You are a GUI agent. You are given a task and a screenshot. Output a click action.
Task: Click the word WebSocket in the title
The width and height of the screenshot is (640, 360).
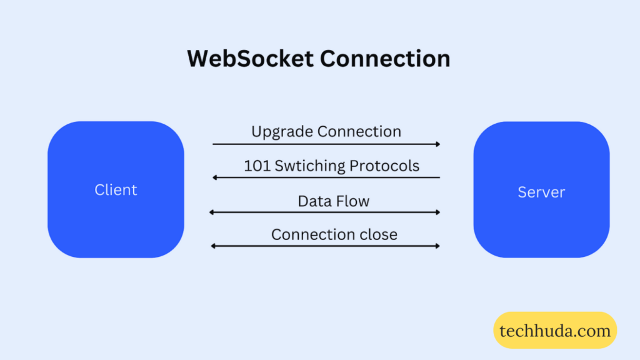[250, 58]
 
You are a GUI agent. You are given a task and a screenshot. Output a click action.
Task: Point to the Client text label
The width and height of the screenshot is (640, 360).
[116, 189]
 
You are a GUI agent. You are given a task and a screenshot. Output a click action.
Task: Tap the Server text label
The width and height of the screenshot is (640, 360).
[541, 192]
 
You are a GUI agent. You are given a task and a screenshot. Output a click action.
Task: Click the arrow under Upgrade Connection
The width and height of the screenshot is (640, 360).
[326, 144]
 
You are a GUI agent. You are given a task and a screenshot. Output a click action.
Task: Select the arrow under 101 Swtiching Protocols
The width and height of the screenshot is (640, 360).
[326, 177]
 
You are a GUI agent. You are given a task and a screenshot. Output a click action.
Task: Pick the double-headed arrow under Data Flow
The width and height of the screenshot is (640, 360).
[325, 212]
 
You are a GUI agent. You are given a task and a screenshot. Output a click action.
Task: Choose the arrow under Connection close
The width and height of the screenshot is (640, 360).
[325, 246]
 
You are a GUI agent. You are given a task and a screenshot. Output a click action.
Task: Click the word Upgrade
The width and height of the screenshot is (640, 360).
[282, 132]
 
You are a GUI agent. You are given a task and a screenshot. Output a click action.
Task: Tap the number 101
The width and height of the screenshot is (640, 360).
[257, 166]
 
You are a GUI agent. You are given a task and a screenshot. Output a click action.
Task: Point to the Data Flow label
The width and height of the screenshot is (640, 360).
[333, 201]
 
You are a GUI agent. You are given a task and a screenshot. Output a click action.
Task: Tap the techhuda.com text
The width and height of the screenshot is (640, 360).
[555, 330]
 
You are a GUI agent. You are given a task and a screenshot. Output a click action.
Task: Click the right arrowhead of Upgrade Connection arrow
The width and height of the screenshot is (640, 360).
[437, 144]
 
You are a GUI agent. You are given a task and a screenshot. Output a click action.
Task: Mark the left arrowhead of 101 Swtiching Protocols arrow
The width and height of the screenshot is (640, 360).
[215, 177]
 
